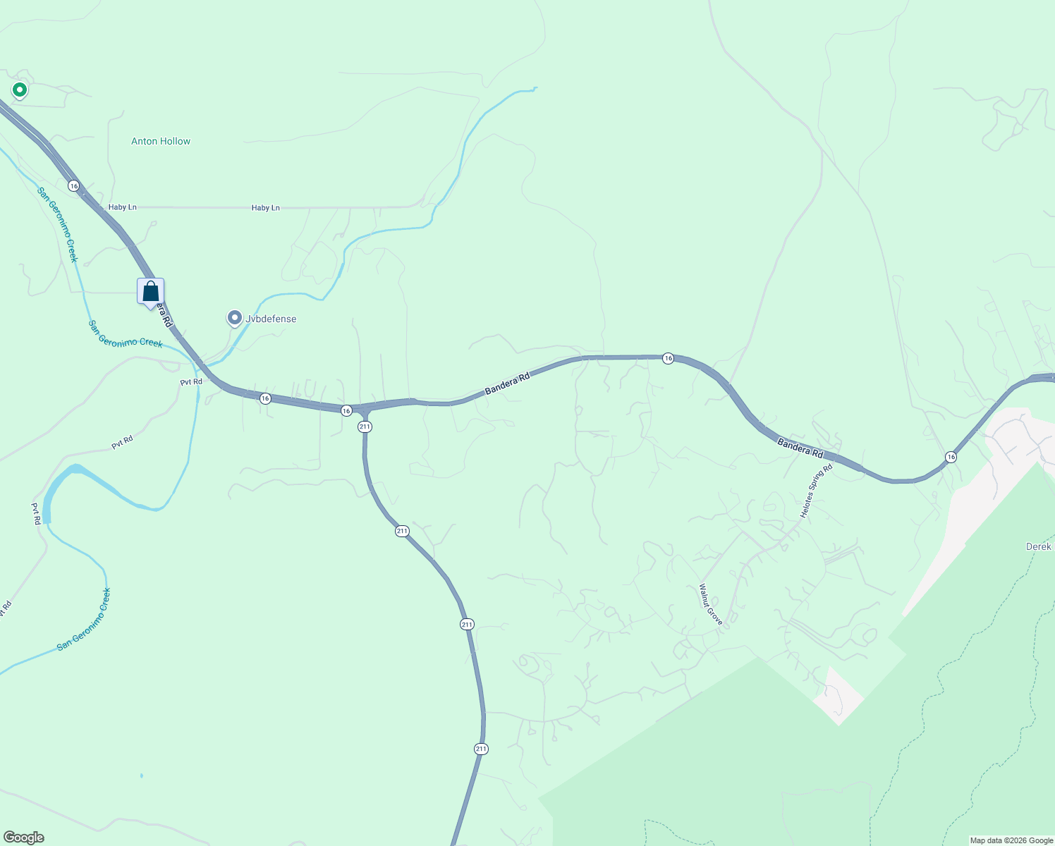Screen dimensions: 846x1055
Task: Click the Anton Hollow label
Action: [x=161, y=141]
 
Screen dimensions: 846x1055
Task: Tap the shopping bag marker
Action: [x=150, y=292]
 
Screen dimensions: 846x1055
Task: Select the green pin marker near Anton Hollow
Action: [x=20, y=90]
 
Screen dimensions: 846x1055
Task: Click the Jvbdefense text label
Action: [x=271, y=319]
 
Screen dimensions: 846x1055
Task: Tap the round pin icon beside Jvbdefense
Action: [x=234, y=318]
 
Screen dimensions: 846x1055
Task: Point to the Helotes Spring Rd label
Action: [x=816, y=491]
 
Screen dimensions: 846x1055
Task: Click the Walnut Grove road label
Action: [x=711, y=604]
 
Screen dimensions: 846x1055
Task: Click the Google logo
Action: [x=23, y=838]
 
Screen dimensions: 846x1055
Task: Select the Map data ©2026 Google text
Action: [x=1011, y=840]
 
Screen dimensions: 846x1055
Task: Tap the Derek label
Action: [x=1038, y=546]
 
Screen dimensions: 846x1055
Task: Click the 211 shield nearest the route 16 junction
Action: [x=365, y=427]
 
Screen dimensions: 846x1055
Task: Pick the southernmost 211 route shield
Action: [x=481, y=749]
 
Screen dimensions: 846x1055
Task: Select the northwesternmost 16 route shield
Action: [x=74, y=185]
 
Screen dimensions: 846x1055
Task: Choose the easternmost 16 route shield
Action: [x=951, y=457]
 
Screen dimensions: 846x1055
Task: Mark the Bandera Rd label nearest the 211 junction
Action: [x=507, y=384]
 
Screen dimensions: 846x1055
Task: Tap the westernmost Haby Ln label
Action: [x=123, y=207]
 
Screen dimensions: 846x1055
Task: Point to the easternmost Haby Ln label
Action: [x=266, y=208]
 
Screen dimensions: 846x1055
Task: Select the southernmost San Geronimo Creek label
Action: [x=85, y=619]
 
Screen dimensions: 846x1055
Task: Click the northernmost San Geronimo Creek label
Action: [x=58, y=224]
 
